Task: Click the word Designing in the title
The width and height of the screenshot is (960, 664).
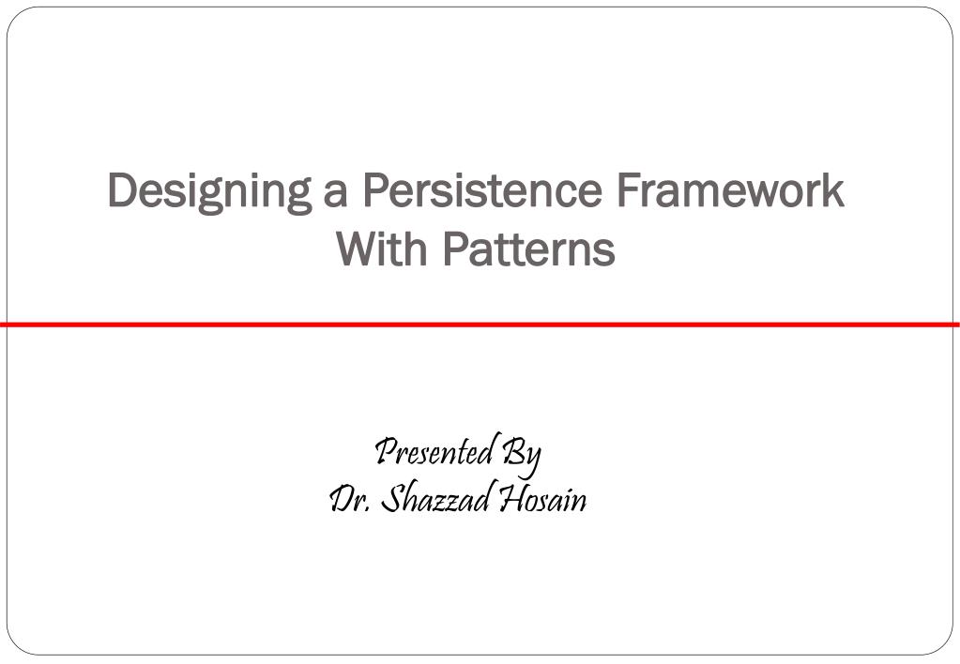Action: click(210, 191)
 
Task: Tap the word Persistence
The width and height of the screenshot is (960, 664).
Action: click(481, 190)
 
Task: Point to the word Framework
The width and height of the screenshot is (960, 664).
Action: click(730, 190)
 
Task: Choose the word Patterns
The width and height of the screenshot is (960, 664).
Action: click(528, 249)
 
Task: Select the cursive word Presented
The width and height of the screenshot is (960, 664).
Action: click(434, 452)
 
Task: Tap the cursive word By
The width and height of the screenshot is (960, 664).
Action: click(522, 455)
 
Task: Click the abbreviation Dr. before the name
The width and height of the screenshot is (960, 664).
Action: click(350, 499)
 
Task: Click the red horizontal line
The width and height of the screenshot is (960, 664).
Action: click(480, 324)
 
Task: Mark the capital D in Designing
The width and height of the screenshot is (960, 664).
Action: click(123, 190)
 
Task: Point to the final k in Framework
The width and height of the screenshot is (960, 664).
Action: click(833, 190)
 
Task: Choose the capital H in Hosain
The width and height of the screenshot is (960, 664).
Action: click(511, 499)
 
